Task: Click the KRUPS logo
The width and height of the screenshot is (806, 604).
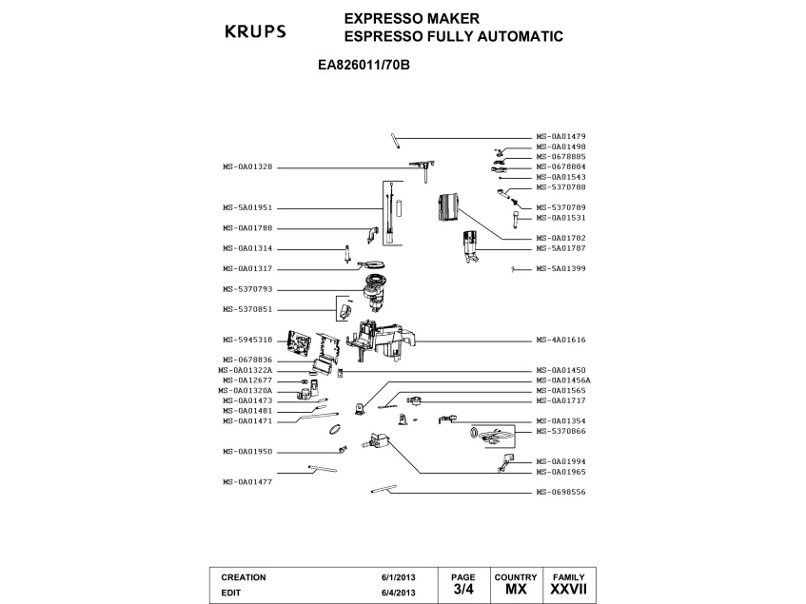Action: tap(255, 31)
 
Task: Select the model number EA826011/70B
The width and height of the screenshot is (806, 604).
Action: tap(364, 66)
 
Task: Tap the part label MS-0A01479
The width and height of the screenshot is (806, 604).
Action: tap(560, 137)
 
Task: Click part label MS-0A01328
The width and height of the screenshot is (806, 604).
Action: tap(247, 166)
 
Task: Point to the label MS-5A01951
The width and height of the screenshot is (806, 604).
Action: tap(247, 208)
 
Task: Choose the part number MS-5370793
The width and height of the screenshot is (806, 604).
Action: tap(247, 289)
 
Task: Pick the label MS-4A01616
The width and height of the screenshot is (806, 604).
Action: tap(560, 340)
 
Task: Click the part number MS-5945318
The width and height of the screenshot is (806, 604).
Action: tap(247, 340)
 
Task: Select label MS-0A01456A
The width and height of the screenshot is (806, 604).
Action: tap(563, 380)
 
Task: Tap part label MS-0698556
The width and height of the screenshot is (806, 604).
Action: tap(560, 492)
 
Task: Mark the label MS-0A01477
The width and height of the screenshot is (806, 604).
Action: tap(247, 481)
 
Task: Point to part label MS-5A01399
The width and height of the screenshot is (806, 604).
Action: tap(560, 268)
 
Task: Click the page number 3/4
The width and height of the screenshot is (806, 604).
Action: tap(463, 589)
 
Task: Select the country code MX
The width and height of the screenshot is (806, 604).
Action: tap(516, 589)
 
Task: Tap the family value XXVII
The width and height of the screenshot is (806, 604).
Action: tap(568, 589)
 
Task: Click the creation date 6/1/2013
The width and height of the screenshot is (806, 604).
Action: tap(399, 577)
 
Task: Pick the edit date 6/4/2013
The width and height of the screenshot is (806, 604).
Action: tap(399, 593)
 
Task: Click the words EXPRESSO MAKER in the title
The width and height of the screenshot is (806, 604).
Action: tap(412, 18)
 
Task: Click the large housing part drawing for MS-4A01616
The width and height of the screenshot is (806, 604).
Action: tap(382, 339)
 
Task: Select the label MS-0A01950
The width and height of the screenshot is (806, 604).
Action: tap(247, 452)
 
